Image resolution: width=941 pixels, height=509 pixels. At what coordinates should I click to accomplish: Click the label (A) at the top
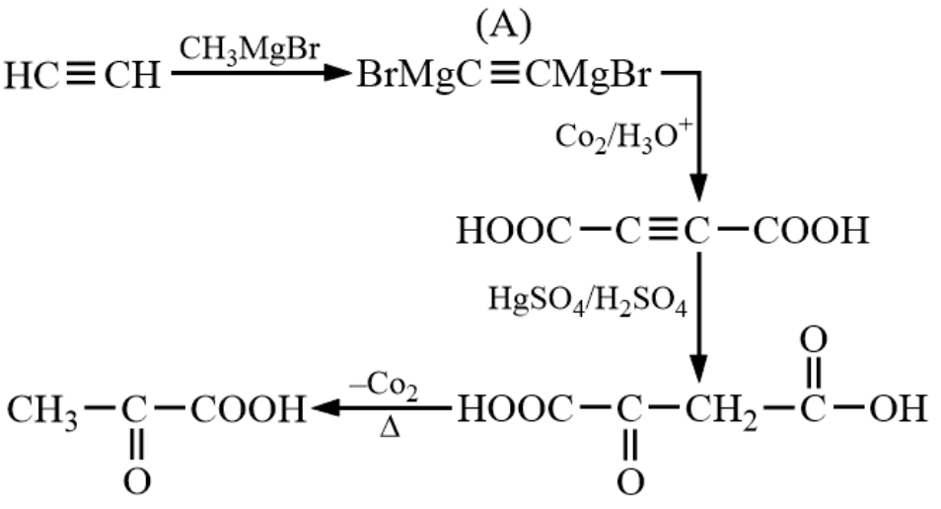pos(504,27)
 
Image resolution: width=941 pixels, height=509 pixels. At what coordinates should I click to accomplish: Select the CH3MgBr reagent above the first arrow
pos(250,49)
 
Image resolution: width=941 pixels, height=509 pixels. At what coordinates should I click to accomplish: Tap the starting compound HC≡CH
pos(83,76)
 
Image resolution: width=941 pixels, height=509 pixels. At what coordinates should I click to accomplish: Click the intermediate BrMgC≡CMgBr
pos(504,76)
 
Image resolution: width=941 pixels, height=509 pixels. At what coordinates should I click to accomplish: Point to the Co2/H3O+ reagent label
pos(623,137)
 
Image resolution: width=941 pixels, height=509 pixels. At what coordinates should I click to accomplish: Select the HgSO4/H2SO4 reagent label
pos(588,300)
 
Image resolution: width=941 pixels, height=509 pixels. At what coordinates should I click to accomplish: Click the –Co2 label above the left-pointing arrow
pos(384,386)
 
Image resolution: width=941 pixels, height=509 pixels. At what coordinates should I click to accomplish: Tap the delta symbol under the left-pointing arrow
pos(390,427)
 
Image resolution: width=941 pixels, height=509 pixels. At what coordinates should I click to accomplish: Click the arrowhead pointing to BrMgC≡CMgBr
pos(335,73)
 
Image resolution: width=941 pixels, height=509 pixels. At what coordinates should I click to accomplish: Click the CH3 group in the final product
pos(42,410)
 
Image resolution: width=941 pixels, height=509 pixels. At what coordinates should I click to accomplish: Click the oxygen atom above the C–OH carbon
pos(813,340)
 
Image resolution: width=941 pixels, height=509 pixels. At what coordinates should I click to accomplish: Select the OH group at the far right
pos(898,408)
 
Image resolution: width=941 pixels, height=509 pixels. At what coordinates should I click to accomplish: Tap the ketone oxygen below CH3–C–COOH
pos(136,480)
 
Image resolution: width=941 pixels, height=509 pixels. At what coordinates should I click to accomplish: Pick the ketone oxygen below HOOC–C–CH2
pos(629,480)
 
